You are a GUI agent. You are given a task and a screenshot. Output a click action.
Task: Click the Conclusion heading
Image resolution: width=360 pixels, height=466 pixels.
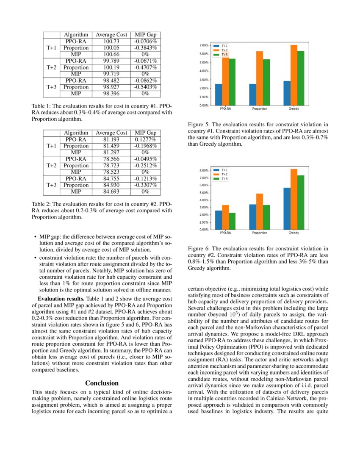102,383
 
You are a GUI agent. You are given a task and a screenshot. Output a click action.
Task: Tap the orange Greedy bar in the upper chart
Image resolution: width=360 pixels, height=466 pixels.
294,75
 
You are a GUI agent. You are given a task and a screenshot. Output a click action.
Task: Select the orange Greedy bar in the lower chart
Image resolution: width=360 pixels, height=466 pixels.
294,199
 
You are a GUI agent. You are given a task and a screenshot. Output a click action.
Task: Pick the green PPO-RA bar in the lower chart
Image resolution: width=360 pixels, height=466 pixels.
233,221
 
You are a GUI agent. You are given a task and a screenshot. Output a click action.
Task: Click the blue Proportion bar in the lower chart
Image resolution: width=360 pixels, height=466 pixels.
253,216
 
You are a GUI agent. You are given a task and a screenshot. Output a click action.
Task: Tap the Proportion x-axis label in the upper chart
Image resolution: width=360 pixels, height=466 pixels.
260,109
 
